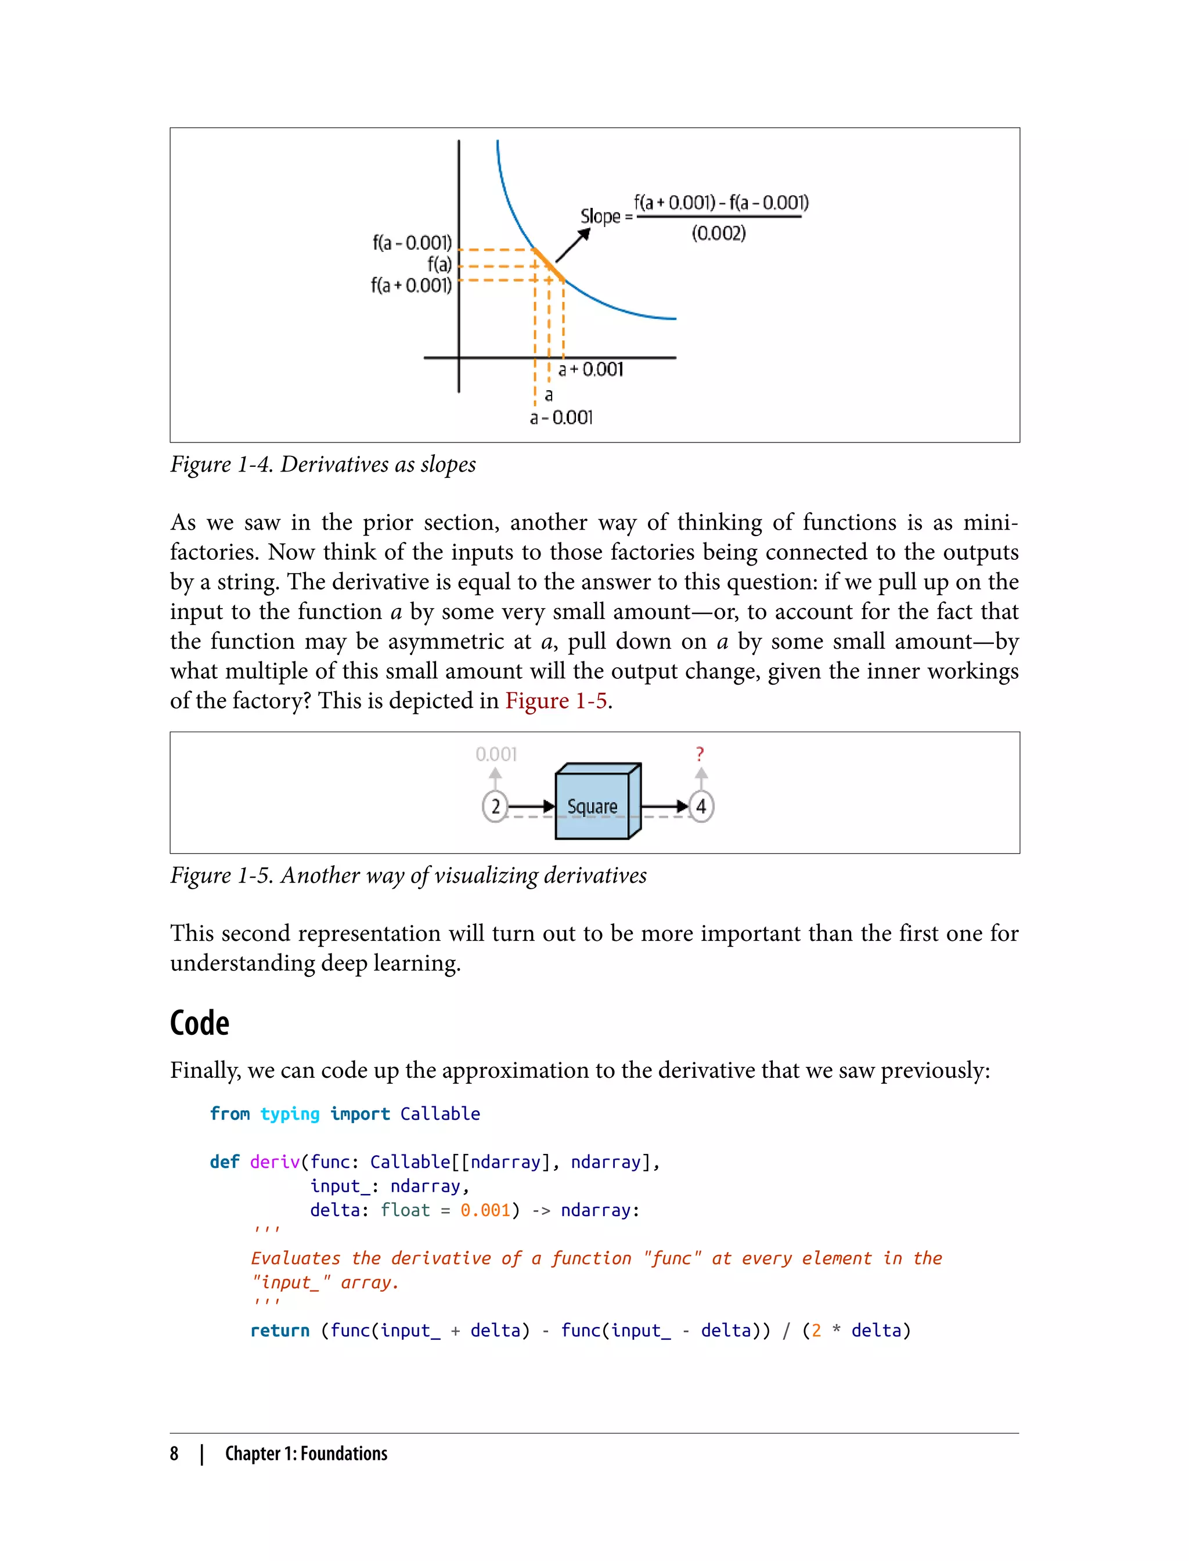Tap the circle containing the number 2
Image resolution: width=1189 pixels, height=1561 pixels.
point(495,806)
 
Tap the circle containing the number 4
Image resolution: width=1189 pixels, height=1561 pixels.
point(701,806)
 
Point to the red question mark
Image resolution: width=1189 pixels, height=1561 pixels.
point(700,754)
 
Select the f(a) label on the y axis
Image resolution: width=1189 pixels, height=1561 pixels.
point(439,265)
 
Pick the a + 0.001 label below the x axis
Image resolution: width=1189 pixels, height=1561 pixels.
point(591,369)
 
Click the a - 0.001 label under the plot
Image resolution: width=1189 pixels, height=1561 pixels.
point(561,418)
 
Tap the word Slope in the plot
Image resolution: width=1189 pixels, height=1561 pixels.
point(600,216)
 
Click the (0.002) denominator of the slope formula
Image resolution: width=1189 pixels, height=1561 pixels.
point(718,233)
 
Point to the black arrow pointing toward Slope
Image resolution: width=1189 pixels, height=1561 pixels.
point(572,246)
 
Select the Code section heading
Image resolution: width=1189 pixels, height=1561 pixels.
point(200,1024)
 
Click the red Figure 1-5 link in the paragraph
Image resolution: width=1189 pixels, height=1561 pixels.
point(556,701)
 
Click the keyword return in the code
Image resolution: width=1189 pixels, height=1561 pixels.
point(280,1330)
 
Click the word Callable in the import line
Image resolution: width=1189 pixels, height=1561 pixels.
point(439,1114)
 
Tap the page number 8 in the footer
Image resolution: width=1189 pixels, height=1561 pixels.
point(174,1454)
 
